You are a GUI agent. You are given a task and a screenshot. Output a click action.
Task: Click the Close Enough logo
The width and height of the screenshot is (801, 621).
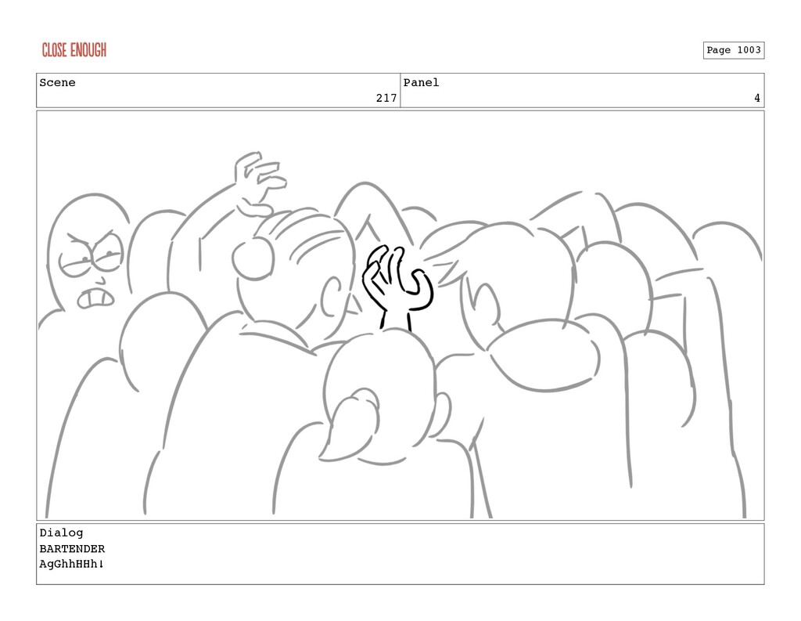[74, 50]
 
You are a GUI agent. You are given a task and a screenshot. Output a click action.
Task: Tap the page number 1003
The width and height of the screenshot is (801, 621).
[749, 50]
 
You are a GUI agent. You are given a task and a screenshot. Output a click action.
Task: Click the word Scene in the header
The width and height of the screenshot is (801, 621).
[57, 83]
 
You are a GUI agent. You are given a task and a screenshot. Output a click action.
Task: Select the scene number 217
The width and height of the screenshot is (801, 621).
[386, 98]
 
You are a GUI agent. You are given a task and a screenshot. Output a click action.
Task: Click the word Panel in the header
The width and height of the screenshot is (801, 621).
[421, 83]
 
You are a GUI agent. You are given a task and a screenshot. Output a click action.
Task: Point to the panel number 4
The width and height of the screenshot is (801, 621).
[757, 98]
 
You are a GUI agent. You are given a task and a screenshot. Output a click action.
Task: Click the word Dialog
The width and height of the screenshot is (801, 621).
[61, 533]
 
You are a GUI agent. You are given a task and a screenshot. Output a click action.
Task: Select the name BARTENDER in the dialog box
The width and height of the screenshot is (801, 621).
[72, 549]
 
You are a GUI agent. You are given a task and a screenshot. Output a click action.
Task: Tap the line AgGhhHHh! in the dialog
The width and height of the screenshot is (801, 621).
[71, 564]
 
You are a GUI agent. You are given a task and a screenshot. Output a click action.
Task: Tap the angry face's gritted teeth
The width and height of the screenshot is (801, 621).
[95, 298]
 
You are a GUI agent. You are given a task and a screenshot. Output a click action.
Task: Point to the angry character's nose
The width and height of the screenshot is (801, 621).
[102, 281]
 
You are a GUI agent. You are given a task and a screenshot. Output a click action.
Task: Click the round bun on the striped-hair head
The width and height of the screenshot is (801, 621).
[253, 259]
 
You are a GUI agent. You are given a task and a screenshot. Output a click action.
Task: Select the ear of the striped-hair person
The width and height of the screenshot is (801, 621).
[332, 296]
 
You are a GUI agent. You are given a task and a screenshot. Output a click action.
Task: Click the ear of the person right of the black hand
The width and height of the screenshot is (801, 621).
[485, 305]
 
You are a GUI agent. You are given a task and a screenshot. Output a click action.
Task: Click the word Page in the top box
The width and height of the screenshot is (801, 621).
[719, 50]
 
